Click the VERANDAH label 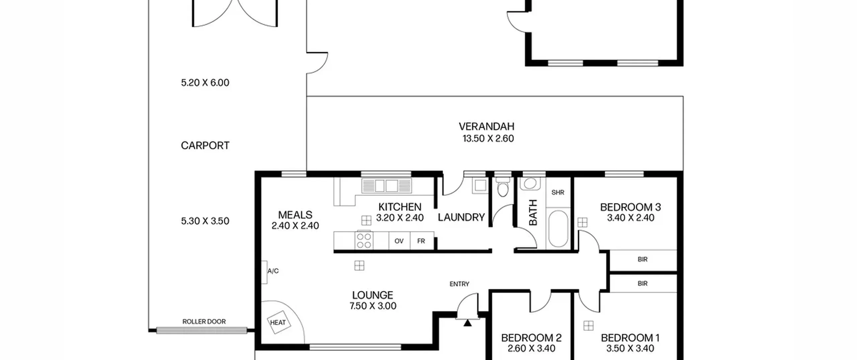pos(486,127)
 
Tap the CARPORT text pos(205,146)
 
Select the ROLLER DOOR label pos(204,321)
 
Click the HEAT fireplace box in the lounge pos(278,322)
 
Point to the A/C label pos(273,271)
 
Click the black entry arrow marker pos(468,323)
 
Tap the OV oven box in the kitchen pos(399,241)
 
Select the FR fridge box pos(421,241)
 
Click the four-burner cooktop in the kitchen pos(364,240)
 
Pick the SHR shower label pos(558,193)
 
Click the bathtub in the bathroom pos(558,229)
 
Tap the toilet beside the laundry pos(503,187)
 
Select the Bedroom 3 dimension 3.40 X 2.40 pos(631,218)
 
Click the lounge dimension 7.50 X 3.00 pos(373,306)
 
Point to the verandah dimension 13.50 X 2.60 pos(488,139)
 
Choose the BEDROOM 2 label pos(531,338)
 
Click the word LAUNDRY pos(461,218)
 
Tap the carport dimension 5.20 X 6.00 pos(205,83)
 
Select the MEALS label pos(295,215)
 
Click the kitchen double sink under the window pos(386,186)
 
